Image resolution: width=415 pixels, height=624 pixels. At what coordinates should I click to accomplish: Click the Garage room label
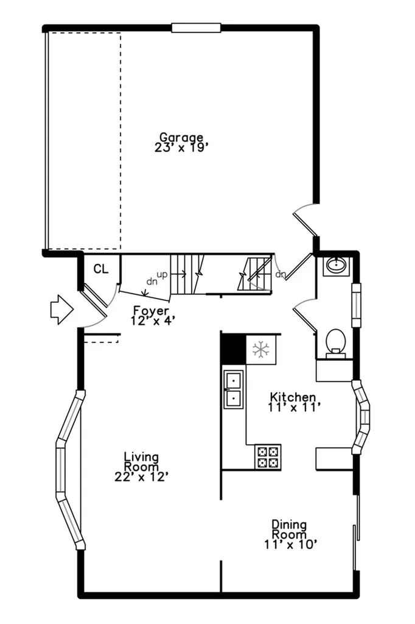click(x=181, y=138)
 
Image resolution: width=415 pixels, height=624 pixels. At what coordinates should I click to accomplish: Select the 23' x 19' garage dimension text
click(x=182, y=147)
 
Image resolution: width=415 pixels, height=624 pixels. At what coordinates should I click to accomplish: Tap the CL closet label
click(x=101, y=269)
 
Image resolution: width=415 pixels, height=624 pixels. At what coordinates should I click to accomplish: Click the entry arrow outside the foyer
click(x=62, y=310)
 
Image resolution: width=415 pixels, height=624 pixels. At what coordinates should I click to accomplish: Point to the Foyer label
click(x=151, y=310)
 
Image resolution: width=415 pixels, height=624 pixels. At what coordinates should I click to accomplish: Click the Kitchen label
click(x=293, y=397)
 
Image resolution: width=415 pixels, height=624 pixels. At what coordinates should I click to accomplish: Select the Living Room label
click(x=141, y=462)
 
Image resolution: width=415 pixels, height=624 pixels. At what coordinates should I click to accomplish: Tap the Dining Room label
click(x=289, y=530)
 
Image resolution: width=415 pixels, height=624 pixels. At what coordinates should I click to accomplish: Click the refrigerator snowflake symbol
click(x=261, y=350)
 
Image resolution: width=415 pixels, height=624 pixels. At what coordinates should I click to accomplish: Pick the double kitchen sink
click(x=233, y=389)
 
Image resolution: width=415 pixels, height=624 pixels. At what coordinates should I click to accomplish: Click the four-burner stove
click(x=268, y=457)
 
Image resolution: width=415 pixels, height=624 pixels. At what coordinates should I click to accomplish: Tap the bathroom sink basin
click(x=337, y=266)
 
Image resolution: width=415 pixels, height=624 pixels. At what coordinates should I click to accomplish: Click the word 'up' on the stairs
click(x=162, y=274)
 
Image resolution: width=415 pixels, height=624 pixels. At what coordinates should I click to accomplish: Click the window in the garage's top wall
click(x=196, y=28)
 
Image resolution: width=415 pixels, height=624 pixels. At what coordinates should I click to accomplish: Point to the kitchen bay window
click(x=361, y=417)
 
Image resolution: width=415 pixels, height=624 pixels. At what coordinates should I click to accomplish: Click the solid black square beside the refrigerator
click(x=233, y=349)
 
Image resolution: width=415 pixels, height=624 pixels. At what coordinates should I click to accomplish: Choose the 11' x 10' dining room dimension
click(x=291, y=544)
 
